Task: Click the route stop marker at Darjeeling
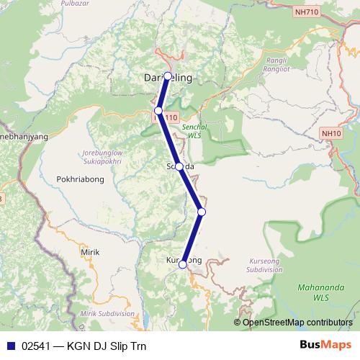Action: click(168, 76)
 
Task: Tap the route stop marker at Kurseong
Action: click(183, 264)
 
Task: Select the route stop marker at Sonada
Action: click(179, 166)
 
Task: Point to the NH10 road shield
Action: click(332, 133)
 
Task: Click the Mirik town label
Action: click(90, 253)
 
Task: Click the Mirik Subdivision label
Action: click(107, 314)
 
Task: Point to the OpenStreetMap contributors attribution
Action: click(297, 322)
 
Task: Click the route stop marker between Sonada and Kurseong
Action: click(202, 212)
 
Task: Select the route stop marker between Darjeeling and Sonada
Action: click(158, 111)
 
